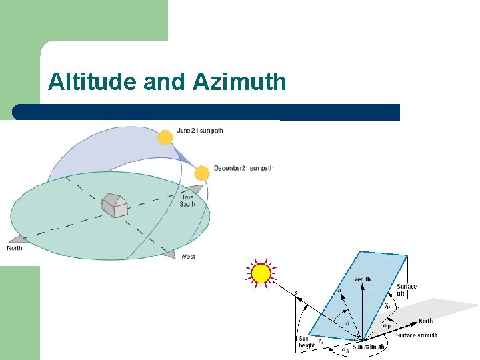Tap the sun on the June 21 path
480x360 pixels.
pos(165,137)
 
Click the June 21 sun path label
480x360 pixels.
pos(200,131)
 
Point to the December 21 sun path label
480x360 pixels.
pos(243,168)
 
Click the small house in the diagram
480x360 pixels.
pos(114,205)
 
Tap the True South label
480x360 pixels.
pos(187,201)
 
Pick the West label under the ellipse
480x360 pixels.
pos(188,257)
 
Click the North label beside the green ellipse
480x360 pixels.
pos(15,248)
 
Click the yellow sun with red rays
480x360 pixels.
pos(261,273)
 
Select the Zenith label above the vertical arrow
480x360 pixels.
pos(363,279)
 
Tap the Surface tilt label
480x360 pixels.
pos(407,291)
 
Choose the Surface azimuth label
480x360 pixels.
pos(417,335)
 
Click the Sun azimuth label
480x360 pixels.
pos(369,347)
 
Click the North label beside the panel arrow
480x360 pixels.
pos(425,321)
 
